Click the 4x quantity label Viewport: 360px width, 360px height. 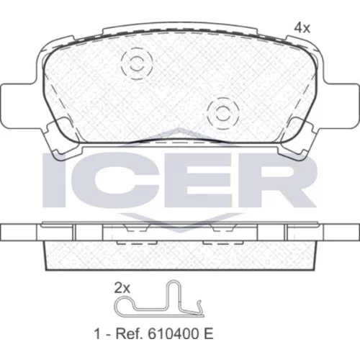(302, 28)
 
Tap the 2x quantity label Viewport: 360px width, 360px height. (122, 288)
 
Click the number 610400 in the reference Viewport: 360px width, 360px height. (172, 334)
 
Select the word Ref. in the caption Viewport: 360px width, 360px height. (130, 334)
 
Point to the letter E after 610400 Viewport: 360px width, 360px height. (208, 334)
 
